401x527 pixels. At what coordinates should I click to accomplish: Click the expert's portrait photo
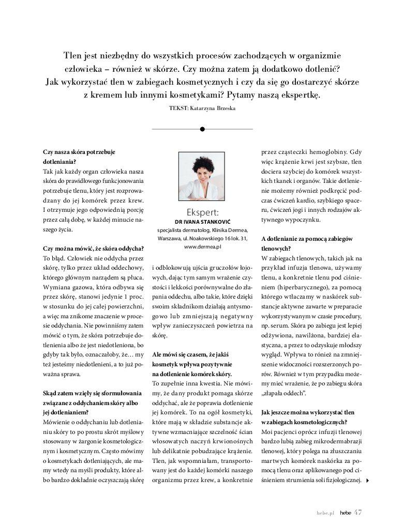tap(202, 176)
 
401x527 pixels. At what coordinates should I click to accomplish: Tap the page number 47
tap(357, 512)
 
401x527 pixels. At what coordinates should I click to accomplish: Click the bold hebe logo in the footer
tap(345, 513)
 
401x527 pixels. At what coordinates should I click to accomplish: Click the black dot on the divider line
tap(202, 129)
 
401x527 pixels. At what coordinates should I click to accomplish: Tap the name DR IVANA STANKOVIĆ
tap(202, 222)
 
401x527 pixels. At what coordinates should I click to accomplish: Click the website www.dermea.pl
tap(202, 247)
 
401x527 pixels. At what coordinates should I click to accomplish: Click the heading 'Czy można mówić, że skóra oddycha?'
tap(94, 248)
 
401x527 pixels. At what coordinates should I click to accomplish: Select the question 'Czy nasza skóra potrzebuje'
tap(79, 152)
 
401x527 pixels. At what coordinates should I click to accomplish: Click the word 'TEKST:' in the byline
tap(179, 109)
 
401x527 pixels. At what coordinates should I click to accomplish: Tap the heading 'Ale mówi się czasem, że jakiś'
tap(190, 355)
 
